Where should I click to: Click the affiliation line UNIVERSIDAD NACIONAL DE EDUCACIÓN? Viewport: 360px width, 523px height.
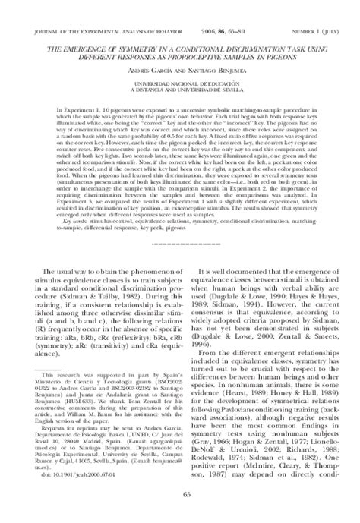click(x=179, y=82)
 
